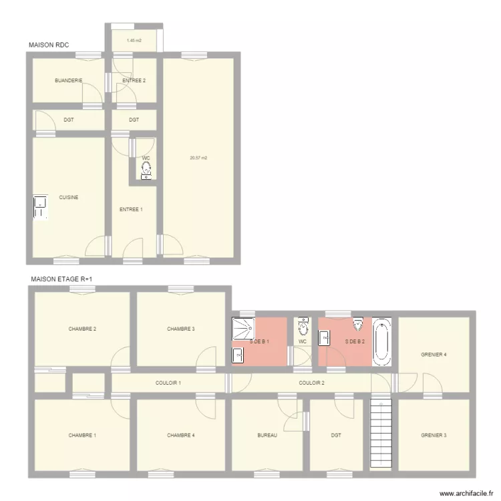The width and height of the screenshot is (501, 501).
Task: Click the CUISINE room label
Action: pos(69,197)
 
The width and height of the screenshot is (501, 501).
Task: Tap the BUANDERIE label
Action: pos(68,81)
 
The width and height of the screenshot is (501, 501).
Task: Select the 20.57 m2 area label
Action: pos(198,158)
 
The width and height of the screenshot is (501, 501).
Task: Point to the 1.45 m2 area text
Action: pos(134,41)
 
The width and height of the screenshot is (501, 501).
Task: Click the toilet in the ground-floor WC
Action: pos(146,171)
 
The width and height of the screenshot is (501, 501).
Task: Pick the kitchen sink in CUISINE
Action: pos(41,207)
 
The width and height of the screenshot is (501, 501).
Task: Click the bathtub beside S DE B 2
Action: pos(381,342)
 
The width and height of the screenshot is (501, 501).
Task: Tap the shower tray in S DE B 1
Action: pos(242,329)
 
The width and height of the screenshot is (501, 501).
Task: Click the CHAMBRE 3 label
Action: pos(181,329)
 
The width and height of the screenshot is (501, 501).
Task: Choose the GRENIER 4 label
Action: pos(434,354)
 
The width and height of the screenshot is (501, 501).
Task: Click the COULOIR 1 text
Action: pos(168,383)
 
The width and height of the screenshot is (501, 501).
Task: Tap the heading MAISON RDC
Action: pos(49,45)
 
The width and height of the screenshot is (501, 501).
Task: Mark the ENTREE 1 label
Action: pos(131,209)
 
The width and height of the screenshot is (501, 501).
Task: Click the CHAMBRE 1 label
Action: pos(82,436)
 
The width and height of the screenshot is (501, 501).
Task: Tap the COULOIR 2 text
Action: pos(311,383)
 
